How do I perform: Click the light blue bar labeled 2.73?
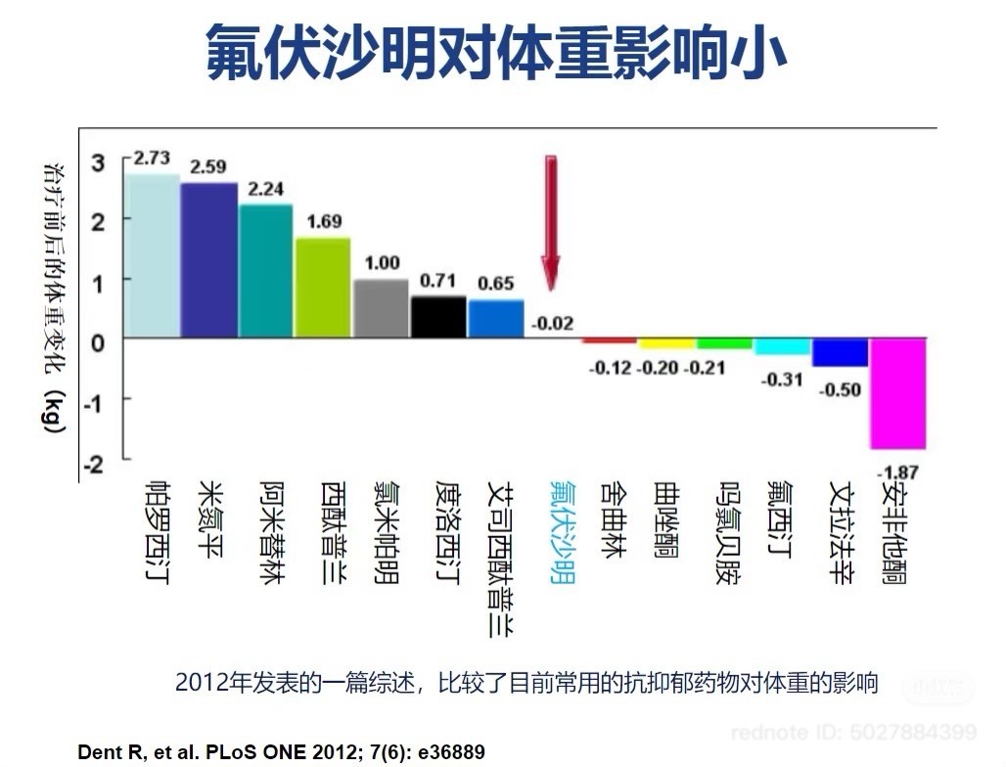coord(152,255)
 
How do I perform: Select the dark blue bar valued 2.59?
coord(209,259)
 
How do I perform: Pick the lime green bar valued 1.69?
coord(323,287)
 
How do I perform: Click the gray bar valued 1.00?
coord(381,308)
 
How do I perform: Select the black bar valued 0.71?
coord(438,316)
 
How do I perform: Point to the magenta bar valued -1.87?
coord(897,392)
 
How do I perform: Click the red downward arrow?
coord(551,221)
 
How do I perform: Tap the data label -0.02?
coord(552,322)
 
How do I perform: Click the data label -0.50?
coord(841,390)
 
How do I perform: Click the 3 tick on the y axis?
coord(97,162)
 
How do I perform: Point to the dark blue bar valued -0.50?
coord(841,352)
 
